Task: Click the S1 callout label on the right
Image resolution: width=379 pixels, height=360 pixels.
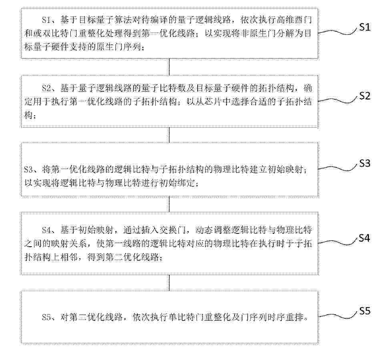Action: (x=365, y=27)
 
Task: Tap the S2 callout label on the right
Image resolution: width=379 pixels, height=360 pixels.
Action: (x=365, y=96)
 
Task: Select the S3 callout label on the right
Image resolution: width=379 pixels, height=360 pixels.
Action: (x=365, y=163)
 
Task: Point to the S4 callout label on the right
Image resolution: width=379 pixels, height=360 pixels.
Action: (x=365, y=238)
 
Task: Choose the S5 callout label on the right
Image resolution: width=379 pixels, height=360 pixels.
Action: (x=365, y=311)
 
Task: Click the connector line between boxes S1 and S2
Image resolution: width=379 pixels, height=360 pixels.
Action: (x=169, y=67)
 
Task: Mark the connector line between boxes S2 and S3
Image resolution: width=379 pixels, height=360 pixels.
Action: (x=169, y=135)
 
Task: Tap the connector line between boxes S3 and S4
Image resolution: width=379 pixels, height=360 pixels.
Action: (x=169, y=204)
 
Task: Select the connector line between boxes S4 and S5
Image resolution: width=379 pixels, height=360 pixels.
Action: (x=169, y=283)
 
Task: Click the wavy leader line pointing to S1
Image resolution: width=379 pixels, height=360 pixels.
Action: (x=338, y=32)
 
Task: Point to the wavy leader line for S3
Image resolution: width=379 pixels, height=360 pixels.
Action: (x=338, y=168)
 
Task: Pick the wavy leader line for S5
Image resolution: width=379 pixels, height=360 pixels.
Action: (x=338, y=316)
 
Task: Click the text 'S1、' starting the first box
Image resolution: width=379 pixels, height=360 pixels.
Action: (x=50, y=20)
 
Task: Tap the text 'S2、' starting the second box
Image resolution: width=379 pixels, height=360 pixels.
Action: (x=50, y=88)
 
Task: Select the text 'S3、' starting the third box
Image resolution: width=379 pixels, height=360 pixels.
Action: (x=32, y=169)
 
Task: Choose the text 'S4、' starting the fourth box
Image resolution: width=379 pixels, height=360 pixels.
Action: (x=50, y=229)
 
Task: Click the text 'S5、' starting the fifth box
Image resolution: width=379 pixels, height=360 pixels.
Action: (x=50, y=317)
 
